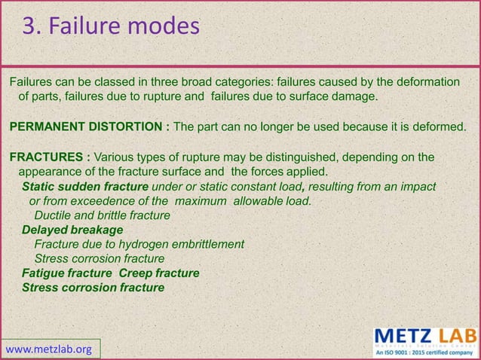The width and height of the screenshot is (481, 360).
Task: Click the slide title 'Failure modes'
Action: click(124, 27)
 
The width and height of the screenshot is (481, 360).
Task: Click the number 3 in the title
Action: click(29, 27)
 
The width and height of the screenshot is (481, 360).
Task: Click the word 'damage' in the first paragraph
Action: click(351, 96)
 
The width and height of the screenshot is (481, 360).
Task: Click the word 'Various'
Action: click(115, 157)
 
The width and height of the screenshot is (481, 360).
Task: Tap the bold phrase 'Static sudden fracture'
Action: click(85, 187)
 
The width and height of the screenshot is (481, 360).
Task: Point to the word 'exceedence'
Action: click(109, 201)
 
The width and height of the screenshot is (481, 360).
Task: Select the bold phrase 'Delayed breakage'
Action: click(72, 230)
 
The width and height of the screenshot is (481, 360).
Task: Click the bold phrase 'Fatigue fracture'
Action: click(67, 273)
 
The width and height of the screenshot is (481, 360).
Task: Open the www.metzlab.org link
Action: click(49, 349)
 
